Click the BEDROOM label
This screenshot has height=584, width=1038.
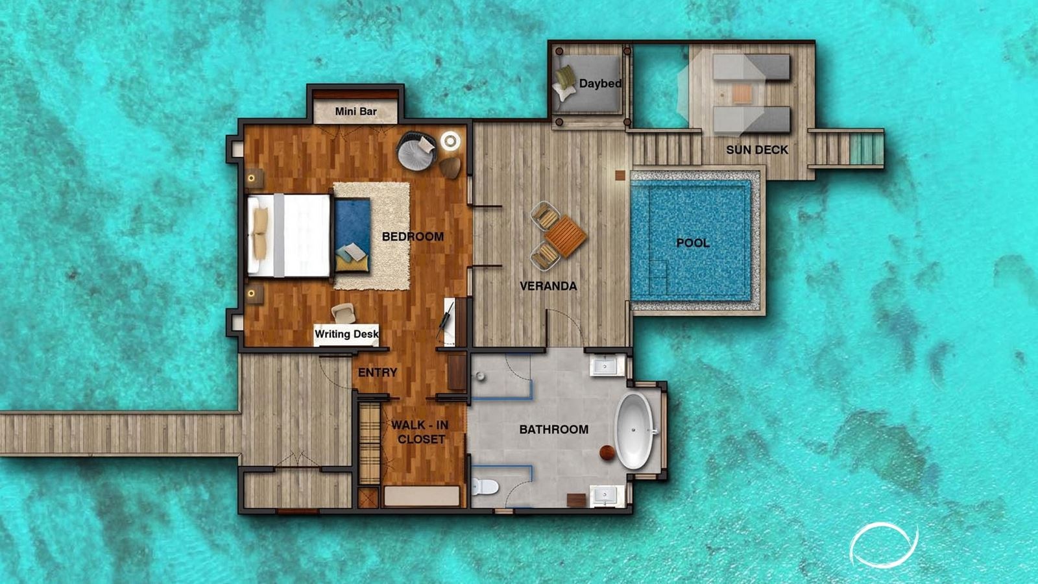(413, 237)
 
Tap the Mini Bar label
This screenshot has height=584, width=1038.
(356, 112)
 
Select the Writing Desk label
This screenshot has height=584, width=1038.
(346, 334)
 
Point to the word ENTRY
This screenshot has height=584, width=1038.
(378, 372)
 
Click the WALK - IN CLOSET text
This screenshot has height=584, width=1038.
(420, 432)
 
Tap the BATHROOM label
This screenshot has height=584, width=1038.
(554, 430)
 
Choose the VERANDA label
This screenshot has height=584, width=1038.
(548, 286)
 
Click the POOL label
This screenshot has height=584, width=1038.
(693, 243)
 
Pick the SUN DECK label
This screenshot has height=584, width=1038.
(757, 150)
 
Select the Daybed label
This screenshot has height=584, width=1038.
(600, 84)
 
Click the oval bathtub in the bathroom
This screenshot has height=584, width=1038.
(634, 430)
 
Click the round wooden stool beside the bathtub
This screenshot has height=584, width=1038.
(607, 453)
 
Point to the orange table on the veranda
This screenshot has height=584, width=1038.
(565, 236)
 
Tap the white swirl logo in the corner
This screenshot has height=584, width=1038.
(884, 544)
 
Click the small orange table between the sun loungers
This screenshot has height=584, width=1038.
(742, 93)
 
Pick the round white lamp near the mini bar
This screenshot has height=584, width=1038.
(450, 141)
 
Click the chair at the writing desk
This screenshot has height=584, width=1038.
(343, 313)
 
